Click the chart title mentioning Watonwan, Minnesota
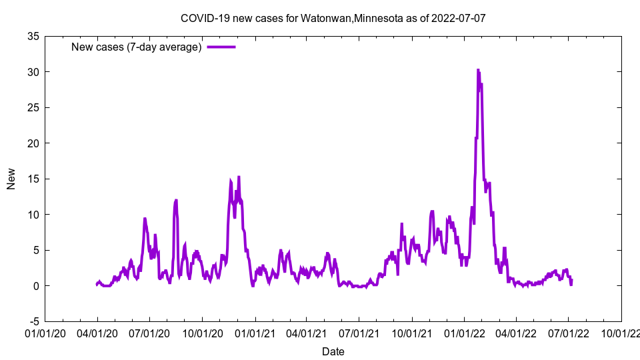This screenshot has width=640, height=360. click(333, 18)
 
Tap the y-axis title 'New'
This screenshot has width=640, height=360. click(11, 179)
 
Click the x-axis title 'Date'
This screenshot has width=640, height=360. click(333, 351)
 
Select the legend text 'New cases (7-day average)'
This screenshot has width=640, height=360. click(137, 47)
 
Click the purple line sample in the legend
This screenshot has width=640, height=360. click(221, 47)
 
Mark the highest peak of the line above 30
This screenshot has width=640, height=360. click(478, 69)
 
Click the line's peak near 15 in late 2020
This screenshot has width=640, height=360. click(239, 177)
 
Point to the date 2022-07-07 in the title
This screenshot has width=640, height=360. click(459, 18)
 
